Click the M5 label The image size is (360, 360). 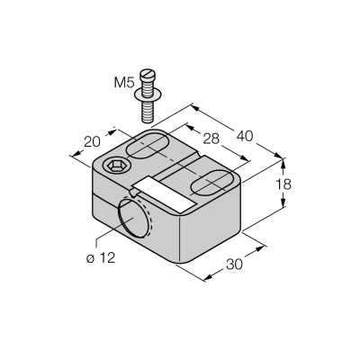(x=123, y=83)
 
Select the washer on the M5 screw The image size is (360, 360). (x=148, y=94)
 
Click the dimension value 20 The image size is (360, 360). (x=92, y=142)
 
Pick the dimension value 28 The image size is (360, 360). (x=211, y=139)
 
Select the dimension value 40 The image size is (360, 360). (x=245, y=136)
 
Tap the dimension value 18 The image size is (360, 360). (x=283, y=184)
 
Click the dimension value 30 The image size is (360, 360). (x=234, y=265)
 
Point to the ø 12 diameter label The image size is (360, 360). (x=101, y=258)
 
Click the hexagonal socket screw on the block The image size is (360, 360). (x=117, y=165)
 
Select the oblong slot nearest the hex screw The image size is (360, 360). (x=148, y=145)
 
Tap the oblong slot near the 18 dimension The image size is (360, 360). (x=212, y=184)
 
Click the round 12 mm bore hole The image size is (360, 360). (x=133, y=218)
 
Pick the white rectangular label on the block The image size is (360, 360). (x=165, y=194)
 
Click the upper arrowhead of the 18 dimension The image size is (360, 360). (x=283, y=164)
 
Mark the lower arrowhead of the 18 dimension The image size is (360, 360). (x=283, y=202)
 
